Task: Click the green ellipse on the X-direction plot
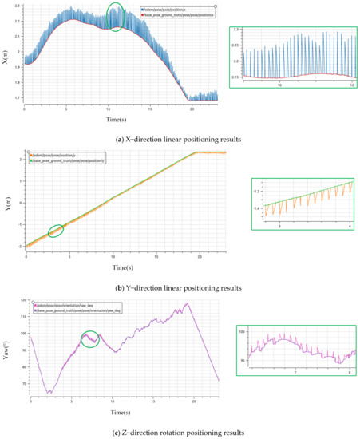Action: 116,17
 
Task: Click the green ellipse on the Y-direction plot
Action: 56,231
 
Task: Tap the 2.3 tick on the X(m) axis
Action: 18,5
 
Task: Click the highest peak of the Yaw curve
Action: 187,303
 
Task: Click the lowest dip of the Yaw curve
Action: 48,393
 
